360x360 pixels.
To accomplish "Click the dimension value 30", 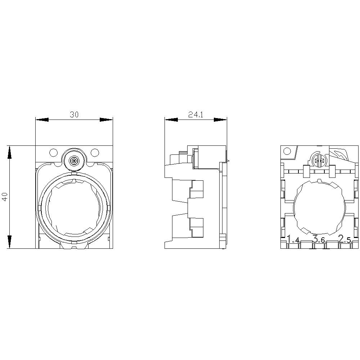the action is click(x=74, y=114).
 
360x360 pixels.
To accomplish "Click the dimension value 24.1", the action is click(x=196, y=114).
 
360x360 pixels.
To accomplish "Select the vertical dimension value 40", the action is click(x=5, y=197).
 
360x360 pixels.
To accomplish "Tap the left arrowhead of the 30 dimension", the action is click(x=42, y=120).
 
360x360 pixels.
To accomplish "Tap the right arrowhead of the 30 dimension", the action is click(x=106, y=120).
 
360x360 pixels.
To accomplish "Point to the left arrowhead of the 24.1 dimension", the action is click(x=171, y=120).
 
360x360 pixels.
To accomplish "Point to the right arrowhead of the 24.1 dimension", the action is click(x=220, y=120).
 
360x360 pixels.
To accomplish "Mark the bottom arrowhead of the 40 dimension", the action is click(x=9, y=242).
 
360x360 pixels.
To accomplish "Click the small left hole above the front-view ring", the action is click(x=53, y=152).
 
